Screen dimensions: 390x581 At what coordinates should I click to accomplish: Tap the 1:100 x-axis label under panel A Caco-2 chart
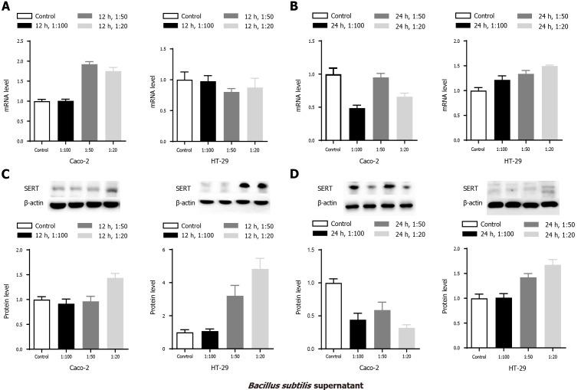(65, 149)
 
